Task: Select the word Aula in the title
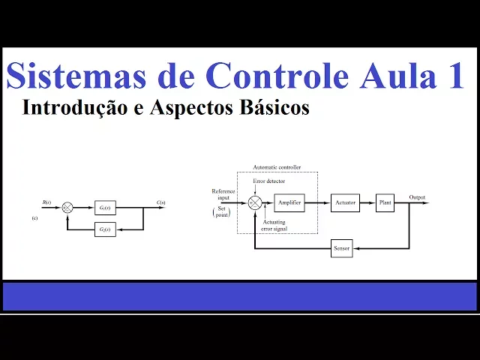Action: (403, 77)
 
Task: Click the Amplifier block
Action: (289, 202)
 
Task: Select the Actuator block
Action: (345, 202)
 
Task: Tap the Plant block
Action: (385, 202)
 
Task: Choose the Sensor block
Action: (341, 248)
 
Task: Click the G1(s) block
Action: (105, 207)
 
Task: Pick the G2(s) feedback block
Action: (105, 229)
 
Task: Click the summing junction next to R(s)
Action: (67, 207)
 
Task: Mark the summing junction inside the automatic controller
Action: (255, 202)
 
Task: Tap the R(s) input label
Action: (46, 202)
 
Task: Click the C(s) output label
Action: (161, 202)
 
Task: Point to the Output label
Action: (417, 197)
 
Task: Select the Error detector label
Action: (268, 181)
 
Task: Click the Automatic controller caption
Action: (277, 166)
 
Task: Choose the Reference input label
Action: (223, 194)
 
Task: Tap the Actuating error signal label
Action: (279, 224)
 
